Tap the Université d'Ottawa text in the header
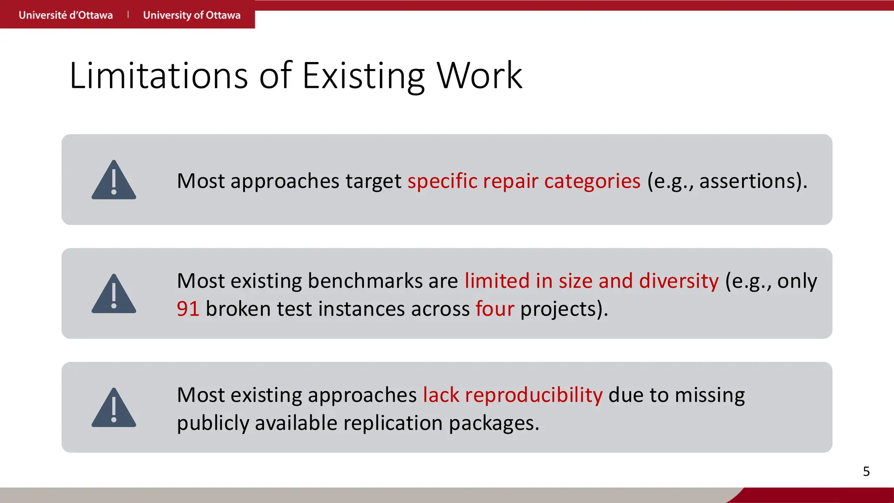tap(65, 15)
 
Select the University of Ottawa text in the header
tap(192, 15)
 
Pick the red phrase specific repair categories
tap(524, 181)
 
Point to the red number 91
tap(188, 309)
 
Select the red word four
tap(495, 309)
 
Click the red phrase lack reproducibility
tap(512, 395)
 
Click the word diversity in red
tap(678, 281)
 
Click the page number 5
tap(866, 472)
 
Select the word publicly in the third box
tap(213, 424)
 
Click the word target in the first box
tap(373, 181)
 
